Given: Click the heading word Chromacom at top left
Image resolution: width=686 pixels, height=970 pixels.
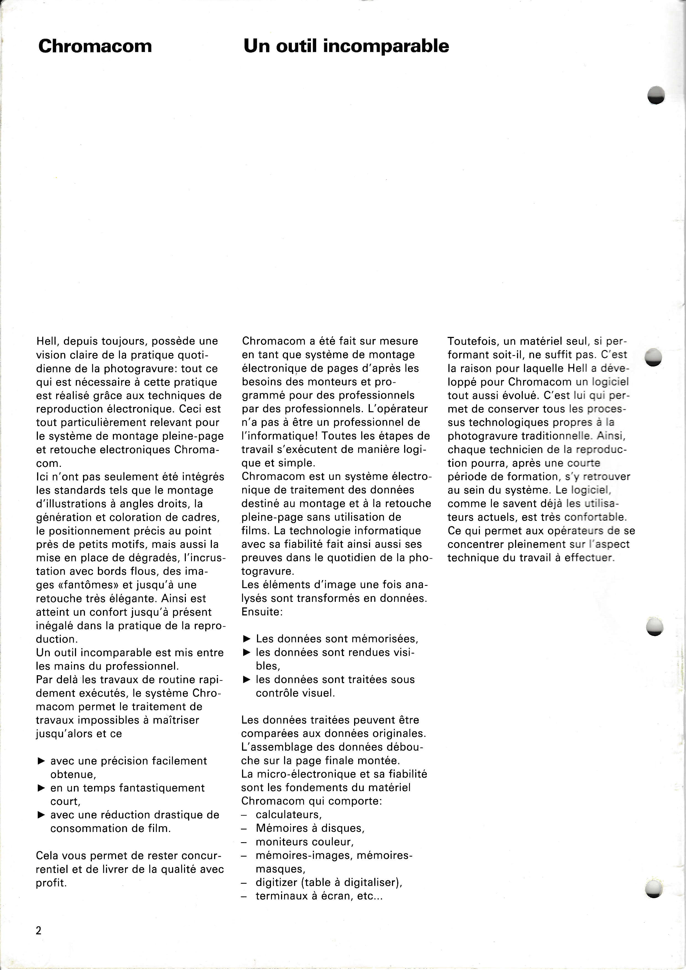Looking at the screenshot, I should pyautogui.click(x=95, y=46).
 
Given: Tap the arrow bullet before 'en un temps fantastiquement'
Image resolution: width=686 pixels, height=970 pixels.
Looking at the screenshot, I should pyautogui.click(x=41, y=788).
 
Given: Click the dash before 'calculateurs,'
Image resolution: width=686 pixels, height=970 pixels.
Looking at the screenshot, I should pyautogui.click(x=244, y=815).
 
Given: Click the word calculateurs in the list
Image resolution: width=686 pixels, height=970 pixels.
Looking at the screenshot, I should pyautogui.click(x=288, y=815).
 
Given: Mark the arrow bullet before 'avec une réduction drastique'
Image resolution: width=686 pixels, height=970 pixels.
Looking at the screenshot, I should pyautogui.click(x=41, y=815).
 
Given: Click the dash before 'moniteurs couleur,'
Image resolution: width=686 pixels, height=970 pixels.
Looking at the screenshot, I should pyautogui.click(x=244, y=842).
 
